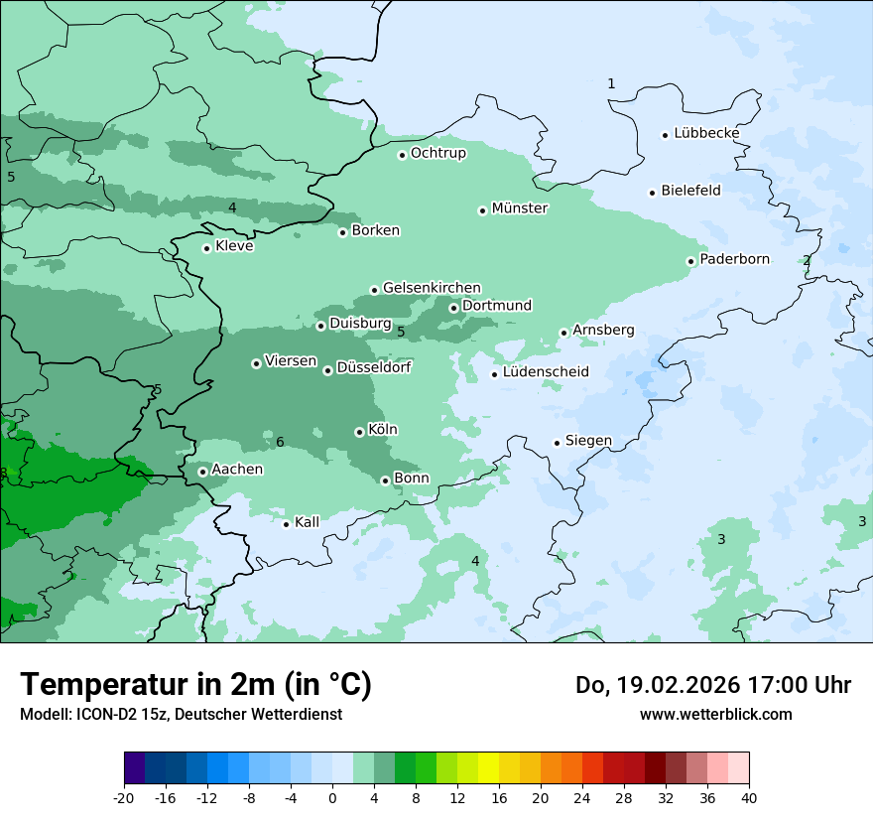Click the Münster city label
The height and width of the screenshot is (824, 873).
tap(519, 208)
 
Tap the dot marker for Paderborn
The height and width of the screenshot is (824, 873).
tap(690, 261)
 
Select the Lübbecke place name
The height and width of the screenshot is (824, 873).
tap(706, 133)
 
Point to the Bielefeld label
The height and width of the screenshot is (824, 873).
tap(690, 191)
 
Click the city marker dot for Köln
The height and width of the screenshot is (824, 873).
tap(359, 432)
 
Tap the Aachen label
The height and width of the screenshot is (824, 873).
tap(237, 470)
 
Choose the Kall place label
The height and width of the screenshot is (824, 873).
tap(307, 522)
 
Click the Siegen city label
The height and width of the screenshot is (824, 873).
tap(588, 441)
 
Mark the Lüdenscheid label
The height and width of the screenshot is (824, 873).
tap(546, 372)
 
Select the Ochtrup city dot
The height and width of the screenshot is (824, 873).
tap(402, 154)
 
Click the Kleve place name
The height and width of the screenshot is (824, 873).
tap(234, 246)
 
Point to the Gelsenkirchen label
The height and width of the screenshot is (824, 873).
tap(432, 288)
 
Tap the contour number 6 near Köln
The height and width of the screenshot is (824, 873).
tap(280, 442)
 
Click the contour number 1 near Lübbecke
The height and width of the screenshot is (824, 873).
tap(611, 83)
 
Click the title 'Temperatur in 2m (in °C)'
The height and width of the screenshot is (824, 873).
tap(195, 684)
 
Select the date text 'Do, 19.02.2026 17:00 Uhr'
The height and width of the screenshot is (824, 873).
tap(712, 685)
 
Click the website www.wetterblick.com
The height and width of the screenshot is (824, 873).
tap(715, 714)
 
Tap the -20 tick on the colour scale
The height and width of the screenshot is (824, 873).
tap(124, 798)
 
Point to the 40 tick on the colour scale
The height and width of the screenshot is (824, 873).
tap(748, 798)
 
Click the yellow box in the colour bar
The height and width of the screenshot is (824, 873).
tap(488, 767)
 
